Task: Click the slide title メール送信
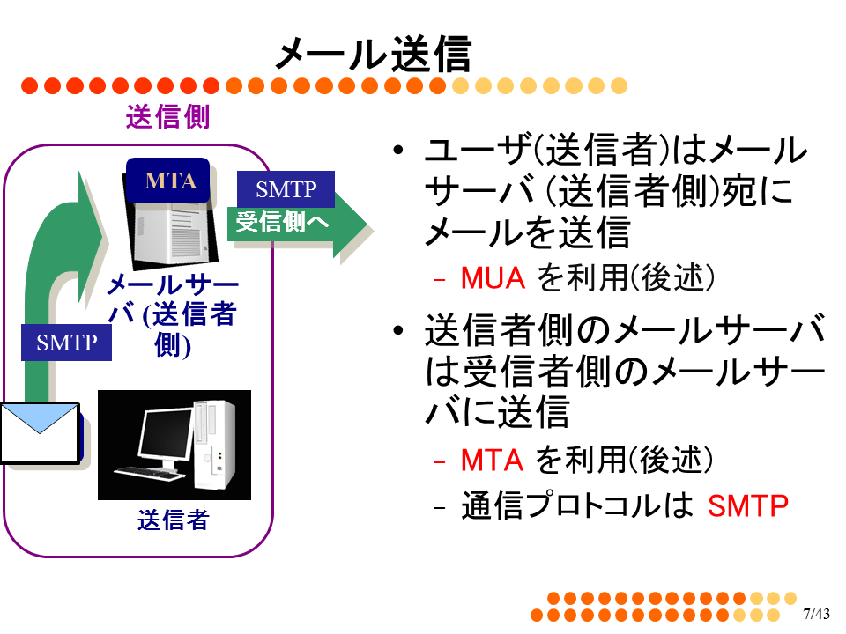point(374,54)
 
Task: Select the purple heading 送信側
point(167,116)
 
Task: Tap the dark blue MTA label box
point(167,181)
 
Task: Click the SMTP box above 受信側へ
point(286,189)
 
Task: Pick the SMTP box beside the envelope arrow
point(66,343)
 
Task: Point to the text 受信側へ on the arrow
point(282,222)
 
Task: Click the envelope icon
point(40,433)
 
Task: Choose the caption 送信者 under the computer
point(174,520)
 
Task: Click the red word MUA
point(493,278)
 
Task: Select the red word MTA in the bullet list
point(492,461)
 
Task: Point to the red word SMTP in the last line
point(748,505)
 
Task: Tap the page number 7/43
point(816,614)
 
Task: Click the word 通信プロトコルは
point(576,505)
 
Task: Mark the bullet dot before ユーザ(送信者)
point(398,150)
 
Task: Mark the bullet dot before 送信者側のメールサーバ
point(398,330)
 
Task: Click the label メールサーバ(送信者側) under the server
point(173,315)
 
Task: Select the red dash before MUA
point(440,280)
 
